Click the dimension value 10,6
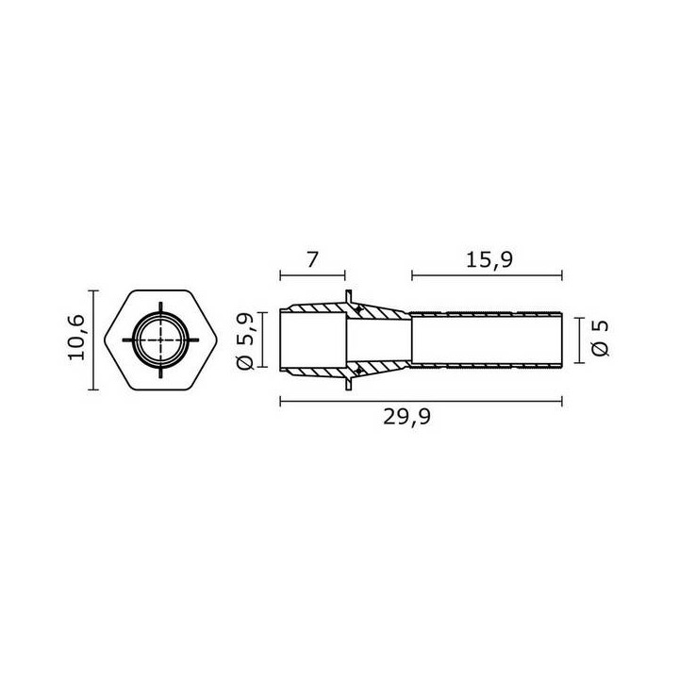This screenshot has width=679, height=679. (x=76, y=338)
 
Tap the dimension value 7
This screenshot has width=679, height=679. (x=312, y=259)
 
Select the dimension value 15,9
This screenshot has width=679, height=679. (x=489, y=260)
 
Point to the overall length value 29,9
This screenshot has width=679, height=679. (x=407, y=417)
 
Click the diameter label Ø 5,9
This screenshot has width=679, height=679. (x=245, y=340)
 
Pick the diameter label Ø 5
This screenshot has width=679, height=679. (x=600, y=339)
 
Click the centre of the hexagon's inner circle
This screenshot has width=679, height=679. (x=160, y=339)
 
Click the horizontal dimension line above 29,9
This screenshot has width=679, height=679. (x=422, y=402)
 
